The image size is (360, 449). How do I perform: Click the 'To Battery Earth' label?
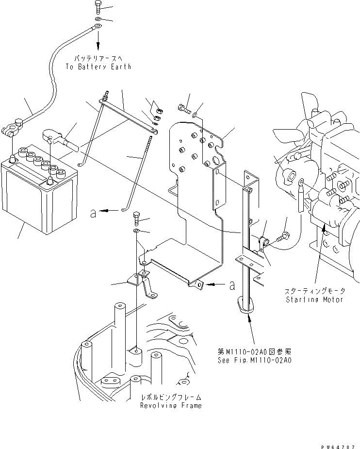(98, 67)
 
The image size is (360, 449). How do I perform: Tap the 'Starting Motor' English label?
(315, 299)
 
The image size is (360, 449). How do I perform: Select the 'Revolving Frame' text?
(171, 405)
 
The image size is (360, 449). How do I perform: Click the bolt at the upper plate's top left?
(183, 109)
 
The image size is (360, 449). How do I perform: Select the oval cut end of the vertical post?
(247, 305)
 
